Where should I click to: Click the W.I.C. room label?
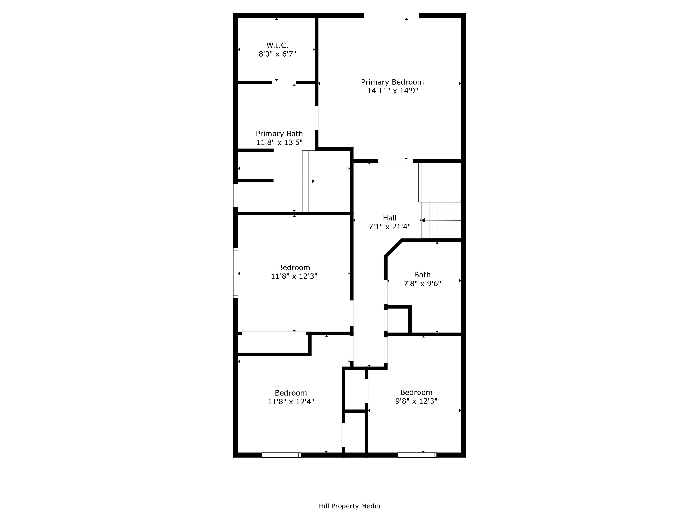[x=277, y=45]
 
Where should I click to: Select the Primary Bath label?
[x=279, y=134]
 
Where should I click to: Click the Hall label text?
[x=389, y=218]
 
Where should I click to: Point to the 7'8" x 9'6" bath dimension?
[x=422, y=284]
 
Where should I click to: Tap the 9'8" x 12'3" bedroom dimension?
[x=416, y=401]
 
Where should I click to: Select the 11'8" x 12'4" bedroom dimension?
[x=291, y=402]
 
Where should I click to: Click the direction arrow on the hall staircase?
[x=423, y=220]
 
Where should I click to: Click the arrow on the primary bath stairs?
[x=313, y=181]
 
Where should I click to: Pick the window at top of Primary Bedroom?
[x=391, y=16]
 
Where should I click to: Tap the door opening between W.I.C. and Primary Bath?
[x=284, y=82]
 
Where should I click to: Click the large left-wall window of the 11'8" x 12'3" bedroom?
[x=236, y=273]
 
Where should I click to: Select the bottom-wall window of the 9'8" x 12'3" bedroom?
[x=417, y=455]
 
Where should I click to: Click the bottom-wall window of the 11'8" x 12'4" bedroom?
[x=281, y=455]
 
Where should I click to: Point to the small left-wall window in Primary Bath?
[x=236, y=196]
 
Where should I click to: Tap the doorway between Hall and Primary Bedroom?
[x=395, y=161]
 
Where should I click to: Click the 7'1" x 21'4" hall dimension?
[x=389, y=227]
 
